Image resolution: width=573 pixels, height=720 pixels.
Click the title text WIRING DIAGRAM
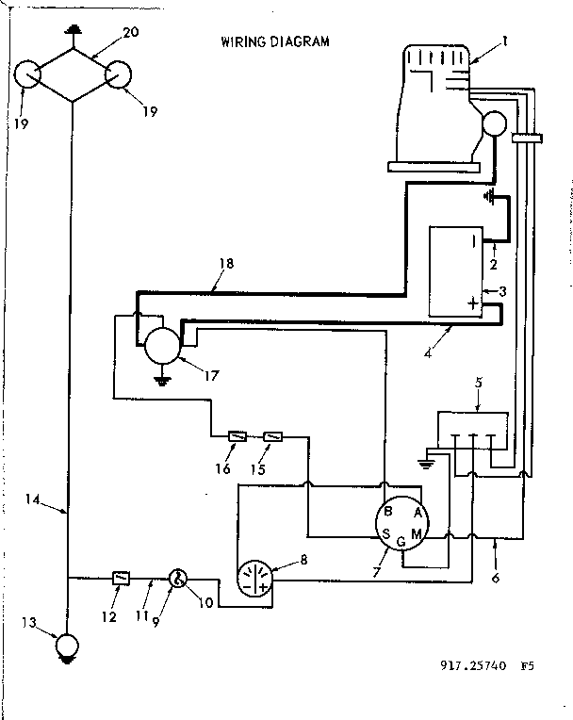275,42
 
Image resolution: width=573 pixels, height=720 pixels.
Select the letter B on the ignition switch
386,512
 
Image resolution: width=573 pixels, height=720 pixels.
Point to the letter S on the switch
385,534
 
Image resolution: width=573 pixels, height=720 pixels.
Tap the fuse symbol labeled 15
274,436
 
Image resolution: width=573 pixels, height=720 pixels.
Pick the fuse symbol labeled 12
121,578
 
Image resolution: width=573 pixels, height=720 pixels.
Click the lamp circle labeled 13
67,646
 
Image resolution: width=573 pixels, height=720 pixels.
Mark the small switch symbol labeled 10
176,578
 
